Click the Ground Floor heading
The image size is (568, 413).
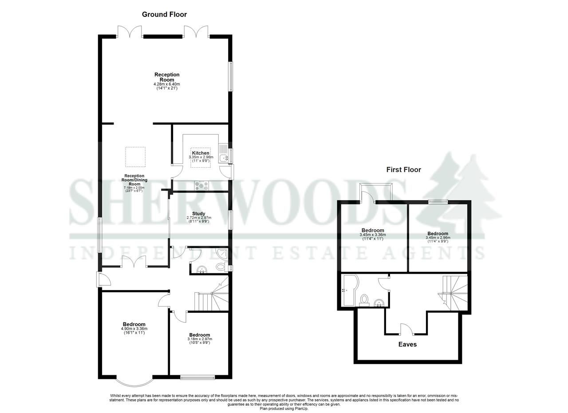164,14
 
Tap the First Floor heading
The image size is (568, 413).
403,169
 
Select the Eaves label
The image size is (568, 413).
407,344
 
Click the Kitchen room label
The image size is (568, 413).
201,153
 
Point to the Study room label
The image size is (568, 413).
198,213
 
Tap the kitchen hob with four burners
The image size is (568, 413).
201,185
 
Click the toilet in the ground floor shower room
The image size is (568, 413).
220,267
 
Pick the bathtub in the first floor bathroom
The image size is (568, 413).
349,290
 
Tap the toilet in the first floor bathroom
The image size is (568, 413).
365,300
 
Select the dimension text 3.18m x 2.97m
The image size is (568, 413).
199,339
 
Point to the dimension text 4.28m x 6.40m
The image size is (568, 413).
167,84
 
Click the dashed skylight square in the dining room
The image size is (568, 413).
135,157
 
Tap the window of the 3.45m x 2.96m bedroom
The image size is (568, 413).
438,202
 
